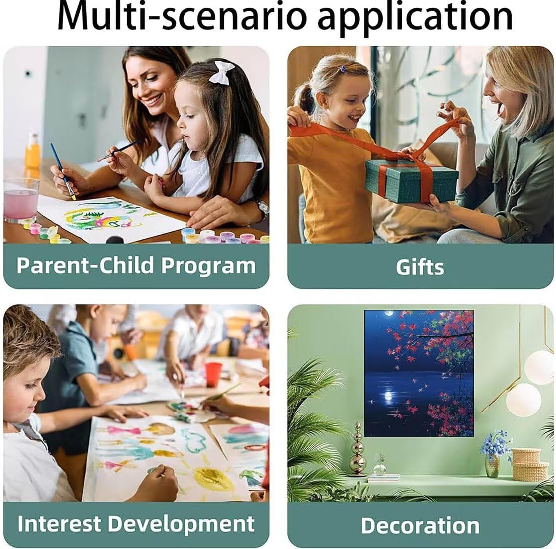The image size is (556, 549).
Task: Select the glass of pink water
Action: click(x=21, y=200)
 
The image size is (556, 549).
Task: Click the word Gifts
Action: click(x=420, y=267)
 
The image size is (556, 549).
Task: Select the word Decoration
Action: click(x=420, y=525)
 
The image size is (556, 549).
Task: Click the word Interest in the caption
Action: click(x=59, y=523)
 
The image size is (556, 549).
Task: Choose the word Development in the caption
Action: click(x=181, y=524)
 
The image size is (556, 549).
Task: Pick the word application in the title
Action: click(x=415, y=18)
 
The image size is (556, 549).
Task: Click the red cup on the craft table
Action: click(x=213, y=374)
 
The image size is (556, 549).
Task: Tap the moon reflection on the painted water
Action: click(x=388, y=396)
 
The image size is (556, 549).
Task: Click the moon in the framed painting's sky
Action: click(x=389, y=313)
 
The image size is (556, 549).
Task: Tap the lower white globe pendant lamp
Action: click(x=523, y=400)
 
